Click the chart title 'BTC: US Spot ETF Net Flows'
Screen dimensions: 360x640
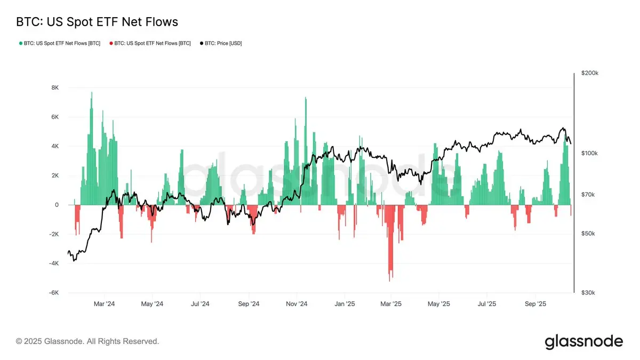click(97, 22)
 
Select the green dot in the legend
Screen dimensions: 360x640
click(20, 43)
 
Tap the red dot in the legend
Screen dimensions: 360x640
click(111, 43)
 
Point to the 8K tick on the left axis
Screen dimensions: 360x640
click(55, 87)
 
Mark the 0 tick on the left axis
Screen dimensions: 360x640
click(57, 205)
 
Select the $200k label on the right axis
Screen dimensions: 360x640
click(589, 73)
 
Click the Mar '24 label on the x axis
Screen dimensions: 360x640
click(105, 304)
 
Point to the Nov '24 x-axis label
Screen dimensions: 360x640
click(297, 304)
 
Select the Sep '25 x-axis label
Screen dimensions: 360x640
click(535, 304)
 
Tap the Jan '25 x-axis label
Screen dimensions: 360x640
click(345, 304)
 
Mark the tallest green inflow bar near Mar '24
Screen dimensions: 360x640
click(92, 94)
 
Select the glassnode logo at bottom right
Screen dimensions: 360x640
click(583, 341)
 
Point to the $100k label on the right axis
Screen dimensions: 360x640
click(589, 153)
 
